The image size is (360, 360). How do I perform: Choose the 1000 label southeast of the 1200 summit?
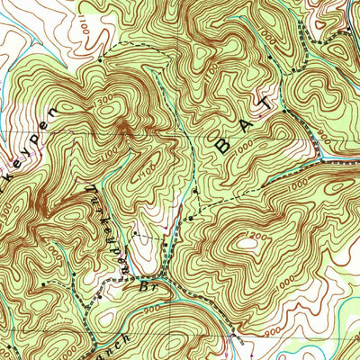[306, 270]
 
